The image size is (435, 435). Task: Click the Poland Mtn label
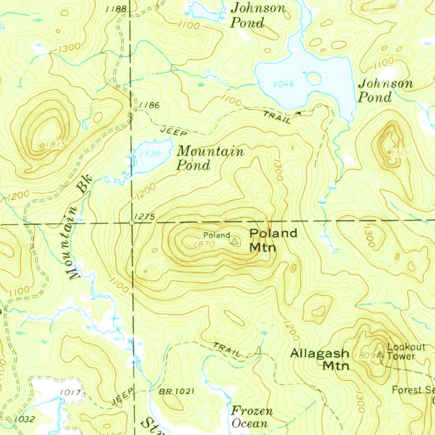[273, 240]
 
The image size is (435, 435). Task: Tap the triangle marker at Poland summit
[234, 241]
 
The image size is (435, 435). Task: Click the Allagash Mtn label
[320, 359]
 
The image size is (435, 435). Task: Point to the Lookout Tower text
[406, 351]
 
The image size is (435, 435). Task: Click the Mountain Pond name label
[210, 158]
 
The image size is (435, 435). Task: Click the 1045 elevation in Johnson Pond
[284, 84]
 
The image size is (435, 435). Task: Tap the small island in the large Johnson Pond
[314, 78]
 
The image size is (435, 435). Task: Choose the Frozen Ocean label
[251, 417]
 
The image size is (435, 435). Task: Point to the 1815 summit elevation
[55, 145]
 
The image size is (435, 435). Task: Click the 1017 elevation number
[71, 393]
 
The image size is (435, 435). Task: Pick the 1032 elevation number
[24, 419]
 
